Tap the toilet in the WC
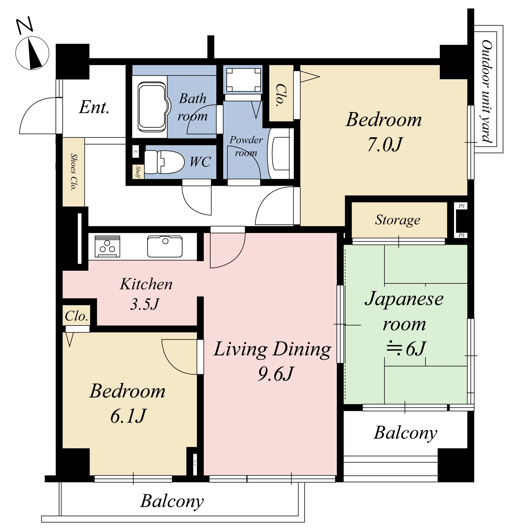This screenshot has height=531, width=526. click(164, 162)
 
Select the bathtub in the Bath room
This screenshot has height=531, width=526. click(152, 107)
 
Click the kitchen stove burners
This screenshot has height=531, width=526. click(107, 246)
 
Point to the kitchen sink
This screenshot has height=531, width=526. click(165, 246)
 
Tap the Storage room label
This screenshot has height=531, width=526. click(397, 220)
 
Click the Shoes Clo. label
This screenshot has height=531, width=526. click(74, 172)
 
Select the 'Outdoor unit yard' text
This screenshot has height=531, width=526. click(486, 91)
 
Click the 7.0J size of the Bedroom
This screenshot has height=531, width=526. click(385, 145)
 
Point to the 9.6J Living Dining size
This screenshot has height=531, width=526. click(275, 374)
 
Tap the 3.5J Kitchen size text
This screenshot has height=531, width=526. click(144, 304)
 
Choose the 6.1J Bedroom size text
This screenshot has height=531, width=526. click(128, 416)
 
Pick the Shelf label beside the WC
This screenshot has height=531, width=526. click(138, 172)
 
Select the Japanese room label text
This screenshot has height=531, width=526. click(404, 311)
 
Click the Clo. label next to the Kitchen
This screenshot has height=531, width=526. click(76, 316)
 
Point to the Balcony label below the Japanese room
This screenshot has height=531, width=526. click(405, 433)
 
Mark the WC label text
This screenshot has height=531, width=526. click(200, 162)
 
